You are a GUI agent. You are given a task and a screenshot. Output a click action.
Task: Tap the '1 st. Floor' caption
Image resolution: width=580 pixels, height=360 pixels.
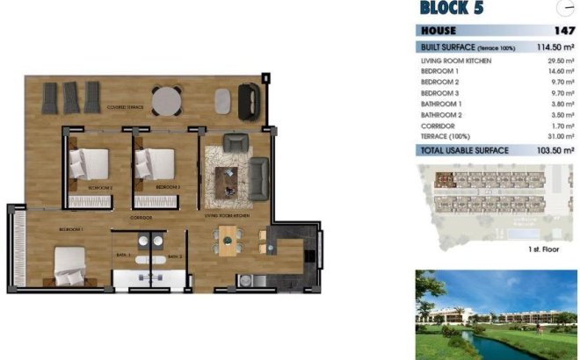[545, 250]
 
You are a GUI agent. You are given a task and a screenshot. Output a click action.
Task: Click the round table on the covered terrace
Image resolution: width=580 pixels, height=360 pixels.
[166, 102]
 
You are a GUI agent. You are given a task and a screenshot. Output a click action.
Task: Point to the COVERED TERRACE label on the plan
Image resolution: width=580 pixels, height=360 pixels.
[125, 107]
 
